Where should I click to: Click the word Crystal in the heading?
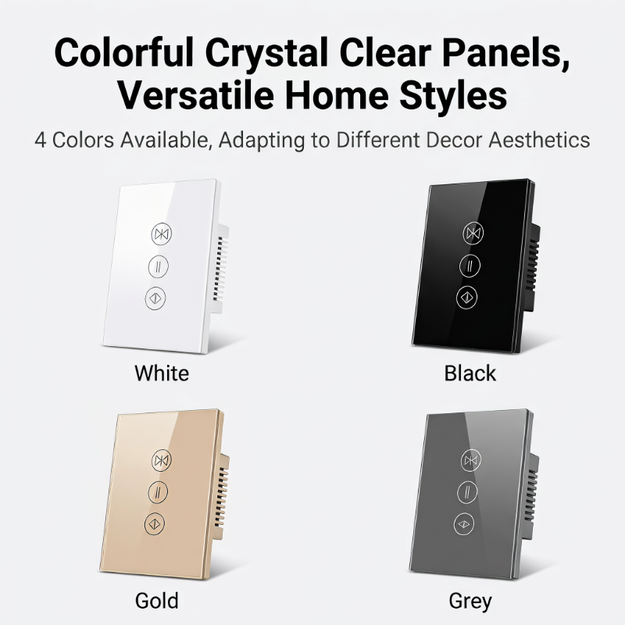tap(266, 52)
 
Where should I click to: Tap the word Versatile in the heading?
tap(196, 95)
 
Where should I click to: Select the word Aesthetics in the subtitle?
tap(539, 141)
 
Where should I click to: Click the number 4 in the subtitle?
tap(41, 141)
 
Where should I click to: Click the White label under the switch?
tap(162, 373)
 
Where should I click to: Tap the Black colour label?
tap(470, 373)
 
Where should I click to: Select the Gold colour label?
tap(157, 601)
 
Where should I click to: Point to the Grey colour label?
tap(470, 602)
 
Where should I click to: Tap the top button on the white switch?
tap(162, 234)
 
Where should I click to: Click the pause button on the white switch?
tap(159, 266)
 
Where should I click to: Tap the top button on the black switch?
tap(473, 233)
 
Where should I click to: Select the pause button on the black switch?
tap(470, 266)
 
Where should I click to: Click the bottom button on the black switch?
tap(466, 298)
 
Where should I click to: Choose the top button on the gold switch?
tap(162, 460)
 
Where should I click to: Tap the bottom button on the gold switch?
tap(155, 523)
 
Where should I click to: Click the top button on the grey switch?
tap(471, 460)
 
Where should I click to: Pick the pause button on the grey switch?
tap(467, 492)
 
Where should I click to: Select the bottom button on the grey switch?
tap(464, 523)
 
